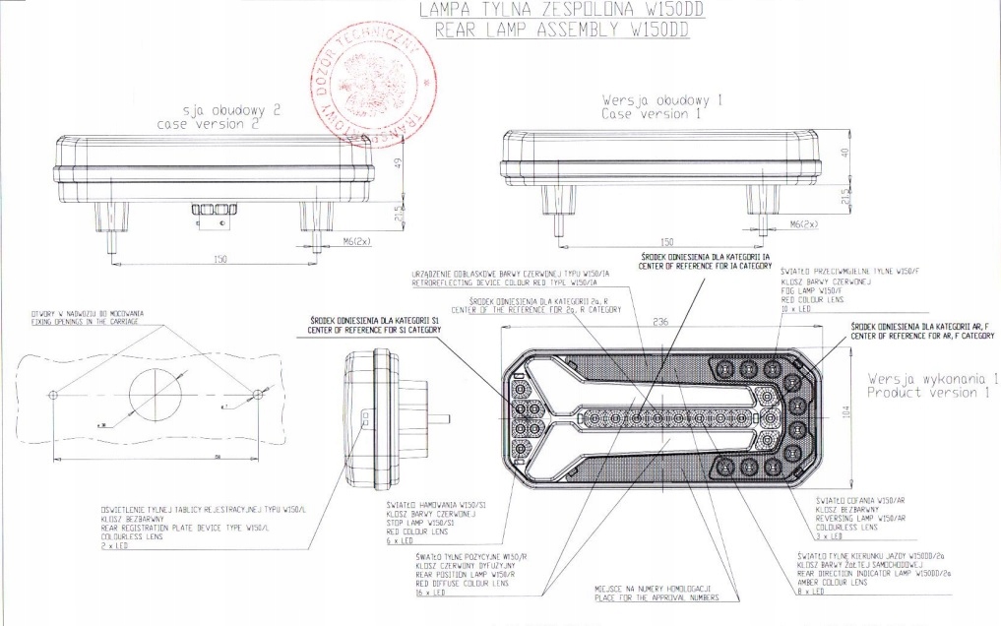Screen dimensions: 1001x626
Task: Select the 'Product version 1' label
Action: tap(927, 394)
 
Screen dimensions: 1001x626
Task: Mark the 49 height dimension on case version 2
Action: tap(398, 163)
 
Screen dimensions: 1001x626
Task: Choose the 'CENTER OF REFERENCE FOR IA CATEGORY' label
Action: tap(704, 266)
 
